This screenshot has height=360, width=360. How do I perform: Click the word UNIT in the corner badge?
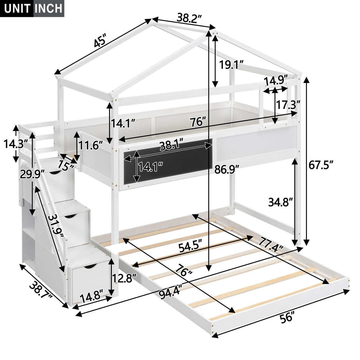(x=17, y=8)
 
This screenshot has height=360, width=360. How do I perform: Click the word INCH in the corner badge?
(x=49, y=8)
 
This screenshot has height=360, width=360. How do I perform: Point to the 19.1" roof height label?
(x=231, y=65)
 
